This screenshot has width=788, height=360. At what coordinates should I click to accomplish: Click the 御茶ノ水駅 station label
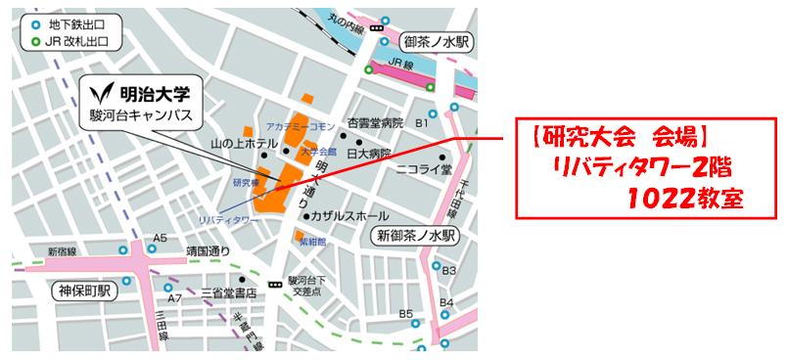[438, 42]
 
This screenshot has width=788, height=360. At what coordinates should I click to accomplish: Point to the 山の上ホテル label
[244, 144]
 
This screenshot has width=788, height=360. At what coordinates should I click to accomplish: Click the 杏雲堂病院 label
[376, 124]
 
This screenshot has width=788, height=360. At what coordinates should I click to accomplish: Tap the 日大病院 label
[372, 154]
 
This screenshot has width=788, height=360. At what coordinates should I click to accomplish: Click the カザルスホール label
[348, 215]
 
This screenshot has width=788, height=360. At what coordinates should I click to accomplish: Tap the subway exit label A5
[161, 238]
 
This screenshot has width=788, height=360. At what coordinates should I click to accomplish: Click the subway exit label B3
[449, 270]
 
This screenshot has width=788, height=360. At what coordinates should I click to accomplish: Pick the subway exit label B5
[406, 314]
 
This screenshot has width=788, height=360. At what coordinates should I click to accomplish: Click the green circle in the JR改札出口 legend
[36, 42]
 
